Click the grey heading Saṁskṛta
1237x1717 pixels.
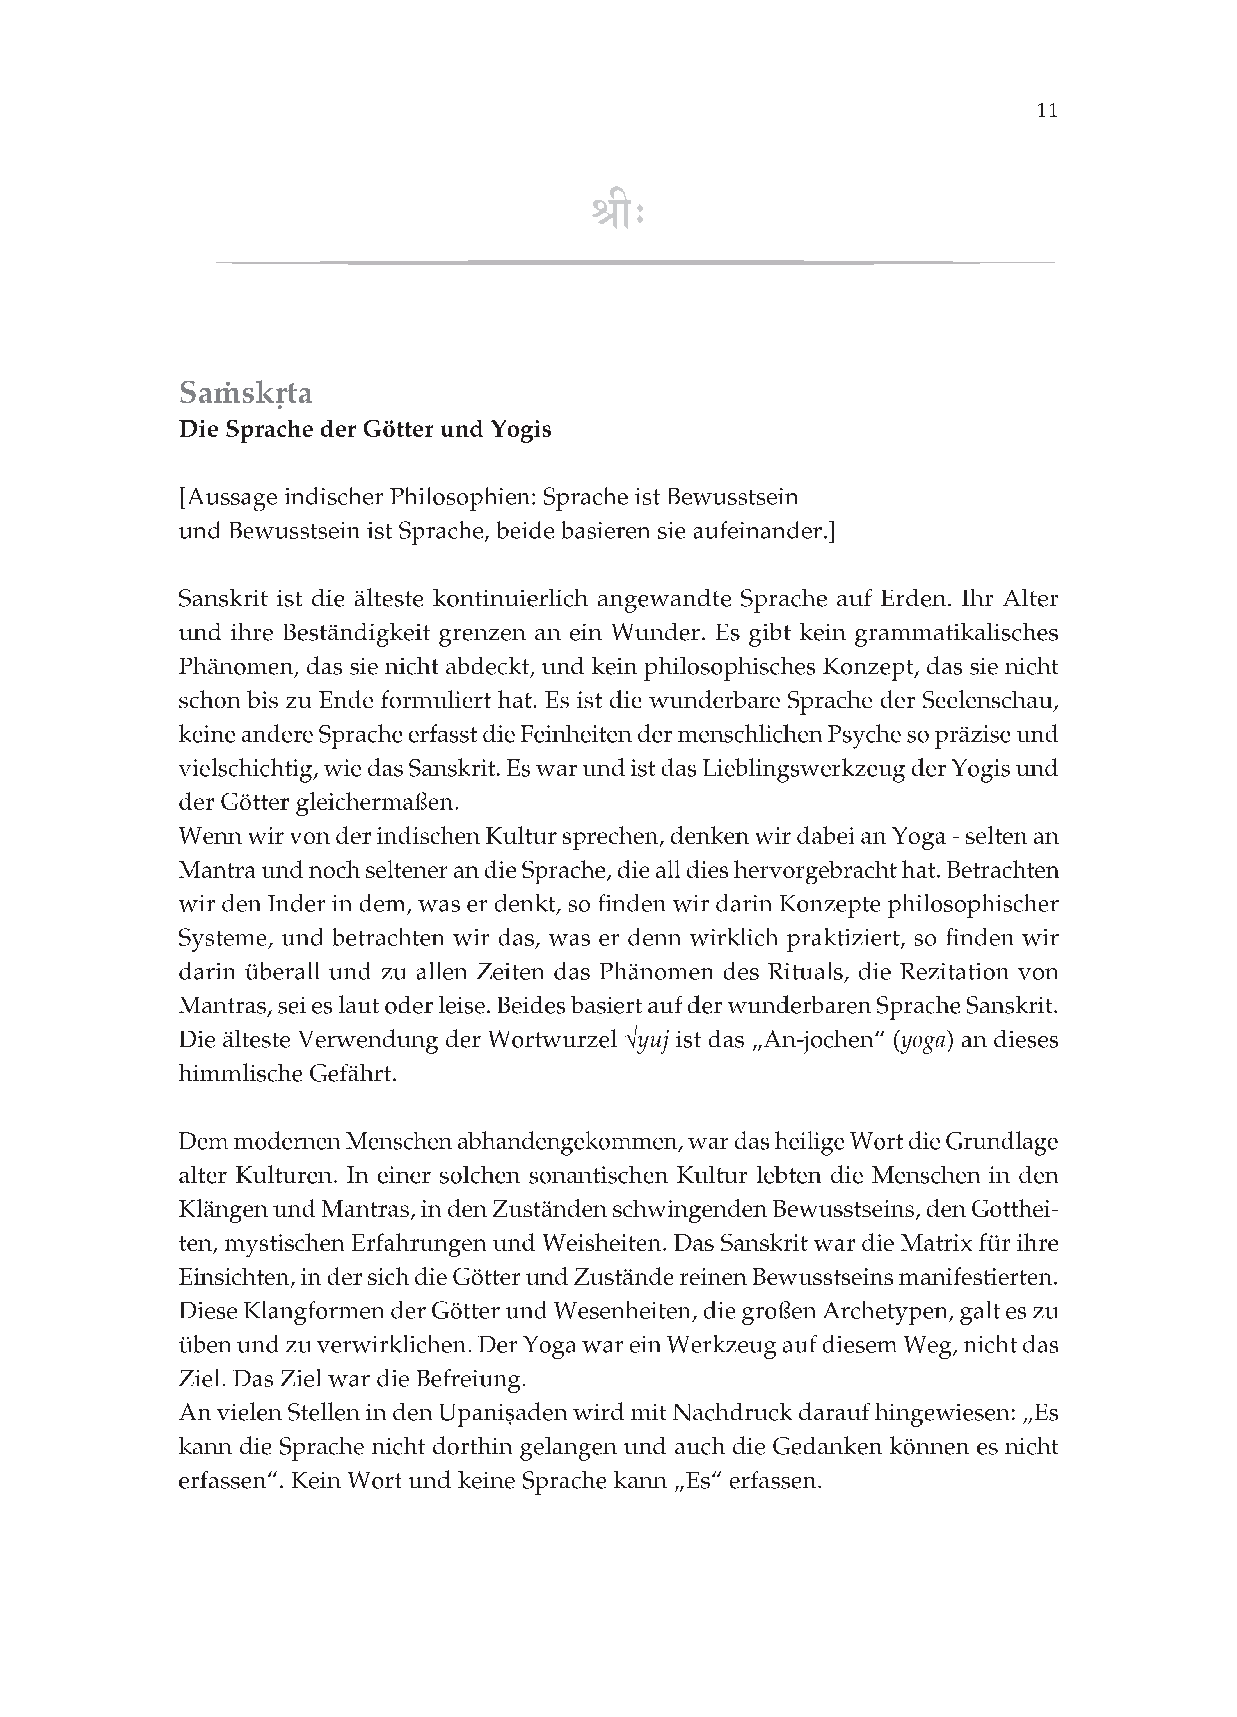[246, 394]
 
